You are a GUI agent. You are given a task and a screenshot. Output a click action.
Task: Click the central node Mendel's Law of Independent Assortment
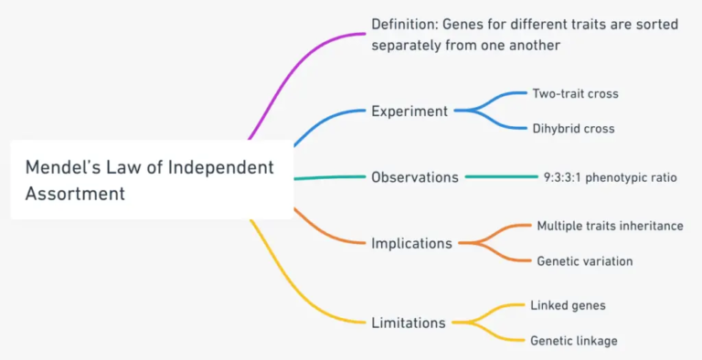(x=151, y=180)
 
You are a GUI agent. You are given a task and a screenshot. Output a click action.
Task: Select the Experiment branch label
(x=409, y=111)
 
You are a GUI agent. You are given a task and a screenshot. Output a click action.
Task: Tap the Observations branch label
(x=415, y=177)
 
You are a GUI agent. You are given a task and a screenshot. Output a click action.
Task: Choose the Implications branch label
(x=411, y=243)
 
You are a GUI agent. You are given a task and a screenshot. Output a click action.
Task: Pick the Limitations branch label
(x=409, y=323)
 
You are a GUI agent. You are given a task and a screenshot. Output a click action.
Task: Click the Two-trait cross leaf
(x=576, y=93)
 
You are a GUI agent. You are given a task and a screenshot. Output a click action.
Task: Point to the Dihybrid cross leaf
(x=573, y=129)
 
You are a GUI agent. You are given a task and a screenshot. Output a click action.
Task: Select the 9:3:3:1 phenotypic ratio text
(x=610, y=177)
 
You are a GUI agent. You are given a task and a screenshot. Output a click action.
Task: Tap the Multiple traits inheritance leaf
(x=610, y=226)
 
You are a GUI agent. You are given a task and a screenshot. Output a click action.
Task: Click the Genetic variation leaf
(x=584, y=261)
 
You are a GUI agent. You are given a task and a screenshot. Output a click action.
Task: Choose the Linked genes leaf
(x=568, y=305)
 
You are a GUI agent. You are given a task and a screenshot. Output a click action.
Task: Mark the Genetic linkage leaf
(x=573, y=341)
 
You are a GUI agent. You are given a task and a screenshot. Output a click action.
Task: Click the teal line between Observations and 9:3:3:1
(x=502, y=177)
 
